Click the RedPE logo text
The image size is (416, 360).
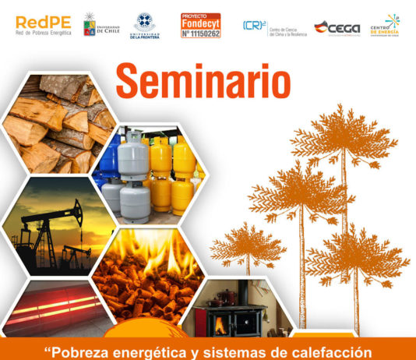coord(42,21)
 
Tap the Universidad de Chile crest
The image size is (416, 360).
coord(91,24)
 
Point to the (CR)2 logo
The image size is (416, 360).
coord(254,26)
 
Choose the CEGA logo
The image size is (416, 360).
coord(337,27)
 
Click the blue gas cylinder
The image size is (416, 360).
coord(108,159)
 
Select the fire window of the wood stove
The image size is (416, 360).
coord(220,324)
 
